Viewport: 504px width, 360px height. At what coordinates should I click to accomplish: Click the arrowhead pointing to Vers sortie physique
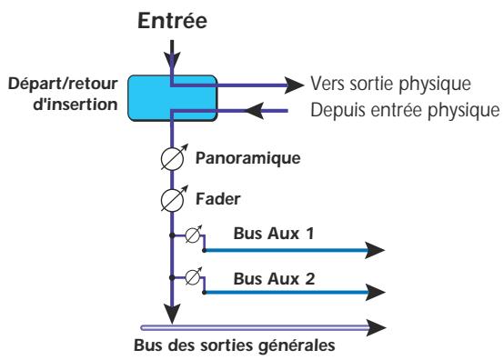(292, 85)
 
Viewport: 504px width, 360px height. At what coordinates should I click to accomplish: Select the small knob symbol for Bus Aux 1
(192, 235)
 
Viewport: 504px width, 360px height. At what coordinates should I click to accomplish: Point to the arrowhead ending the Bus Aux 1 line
(376, 247)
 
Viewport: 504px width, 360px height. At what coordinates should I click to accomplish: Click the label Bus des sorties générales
(216, 345)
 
